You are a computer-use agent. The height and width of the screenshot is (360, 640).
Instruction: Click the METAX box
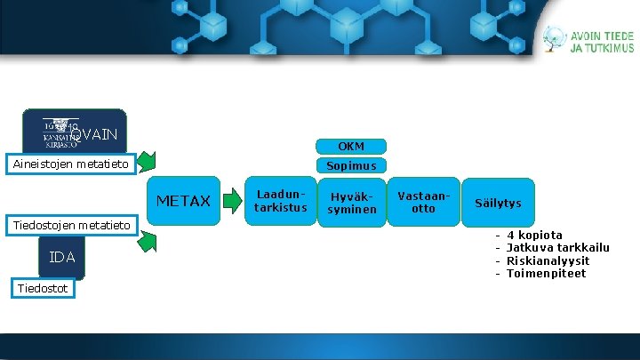pyautogui.click(x=183, y=201)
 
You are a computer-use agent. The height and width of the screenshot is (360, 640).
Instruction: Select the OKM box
pyautogui.click(x=351, y=146)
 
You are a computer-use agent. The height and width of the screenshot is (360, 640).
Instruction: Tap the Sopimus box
pyautogui.click(x=351, y=165)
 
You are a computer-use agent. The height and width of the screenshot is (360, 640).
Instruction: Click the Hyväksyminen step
pyautogui.click(x=352, y=203)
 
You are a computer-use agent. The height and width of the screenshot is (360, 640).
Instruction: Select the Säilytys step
pyautogui.click(x=498, y=204)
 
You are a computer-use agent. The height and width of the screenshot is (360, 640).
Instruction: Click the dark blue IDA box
pyautogui.click(x=62, y=257)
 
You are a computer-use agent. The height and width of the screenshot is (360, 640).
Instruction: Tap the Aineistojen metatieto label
pyautogui.click(x=68, y=164)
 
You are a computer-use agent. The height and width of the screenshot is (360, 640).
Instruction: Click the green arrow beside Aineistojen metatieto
pyautogui.click(x=148, y=162)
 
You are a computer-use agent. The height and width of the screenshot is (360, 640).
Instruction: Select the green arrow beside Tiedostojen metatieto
pyautogui.click(x=148, y=237)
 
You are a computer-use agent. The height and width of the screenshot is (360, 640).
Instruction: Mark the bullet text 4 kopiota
pyautogui.click(x=533, y=236)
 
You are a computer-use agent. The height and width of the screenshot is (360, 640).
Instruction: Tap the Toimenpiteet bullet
pyautogui.click(x=546, y=273)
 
